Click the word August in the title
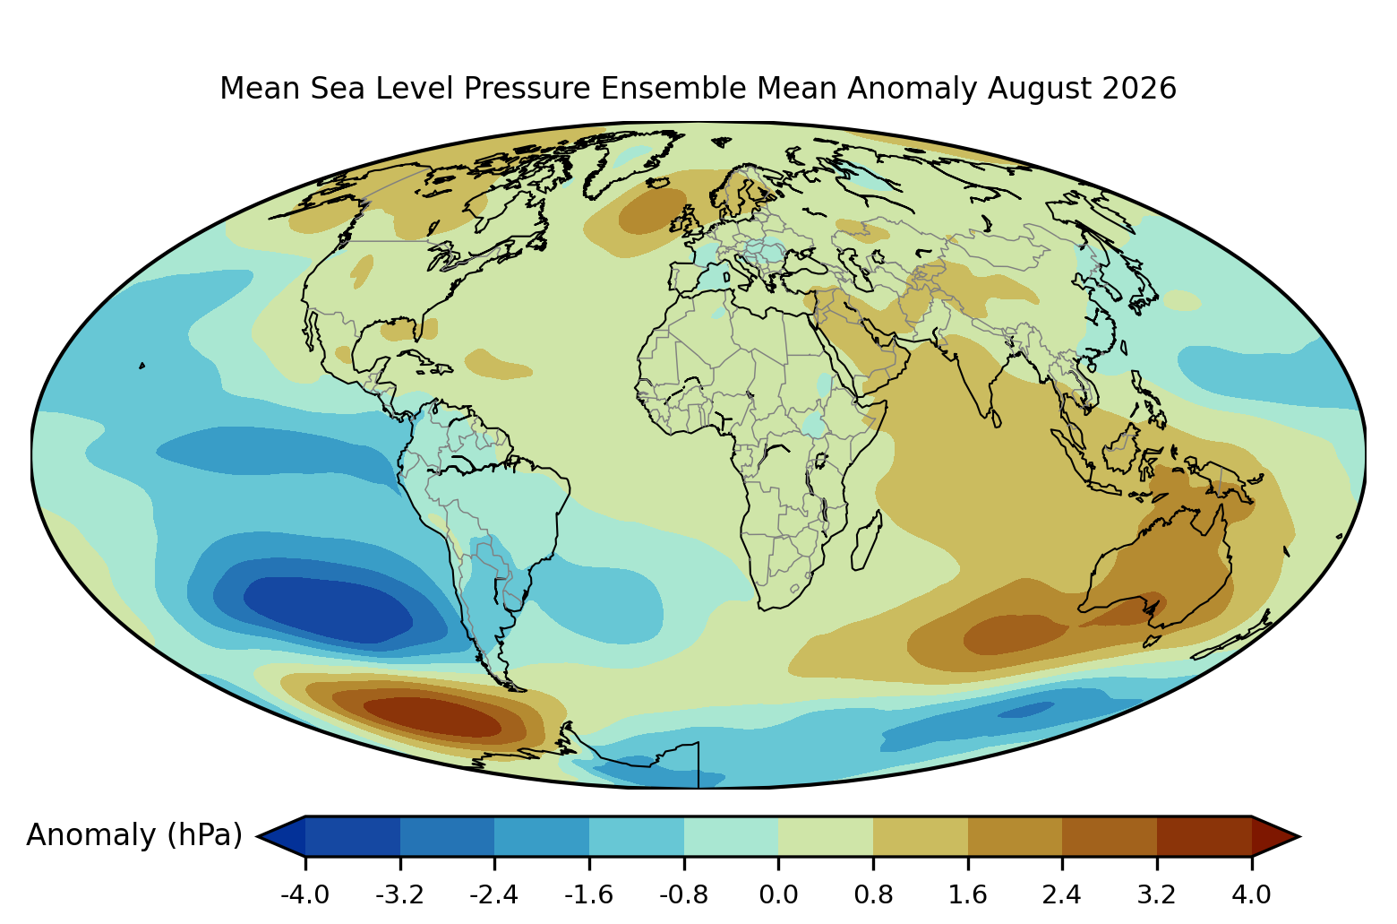click(x=1039, y=90)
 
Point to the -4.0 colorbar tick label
click(x=305, y=894)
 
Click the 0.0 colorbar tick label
click(x=778, y=894)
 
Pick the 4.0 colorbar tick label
click(x=1251, y=894)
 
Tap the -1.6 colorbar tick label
click(x=588, y=894)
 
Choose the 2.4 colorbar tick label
click(x=1061, y=894)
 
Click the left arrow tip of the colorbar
click(x=258, y=836)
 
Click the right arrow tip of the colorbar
click(x=1299, y=836)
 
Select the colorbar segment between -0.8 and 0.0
click(x=731, y=836)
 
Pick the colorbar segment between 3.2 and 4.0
click(x=1204, y=836)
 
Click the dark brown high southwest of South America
click(x=433, y=717)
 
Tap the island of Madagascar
click(x=866, y=540)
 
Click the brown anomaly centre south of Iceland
click(x=652, y=211)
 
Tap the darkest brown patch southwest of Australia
click(x=1016, y=635)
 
